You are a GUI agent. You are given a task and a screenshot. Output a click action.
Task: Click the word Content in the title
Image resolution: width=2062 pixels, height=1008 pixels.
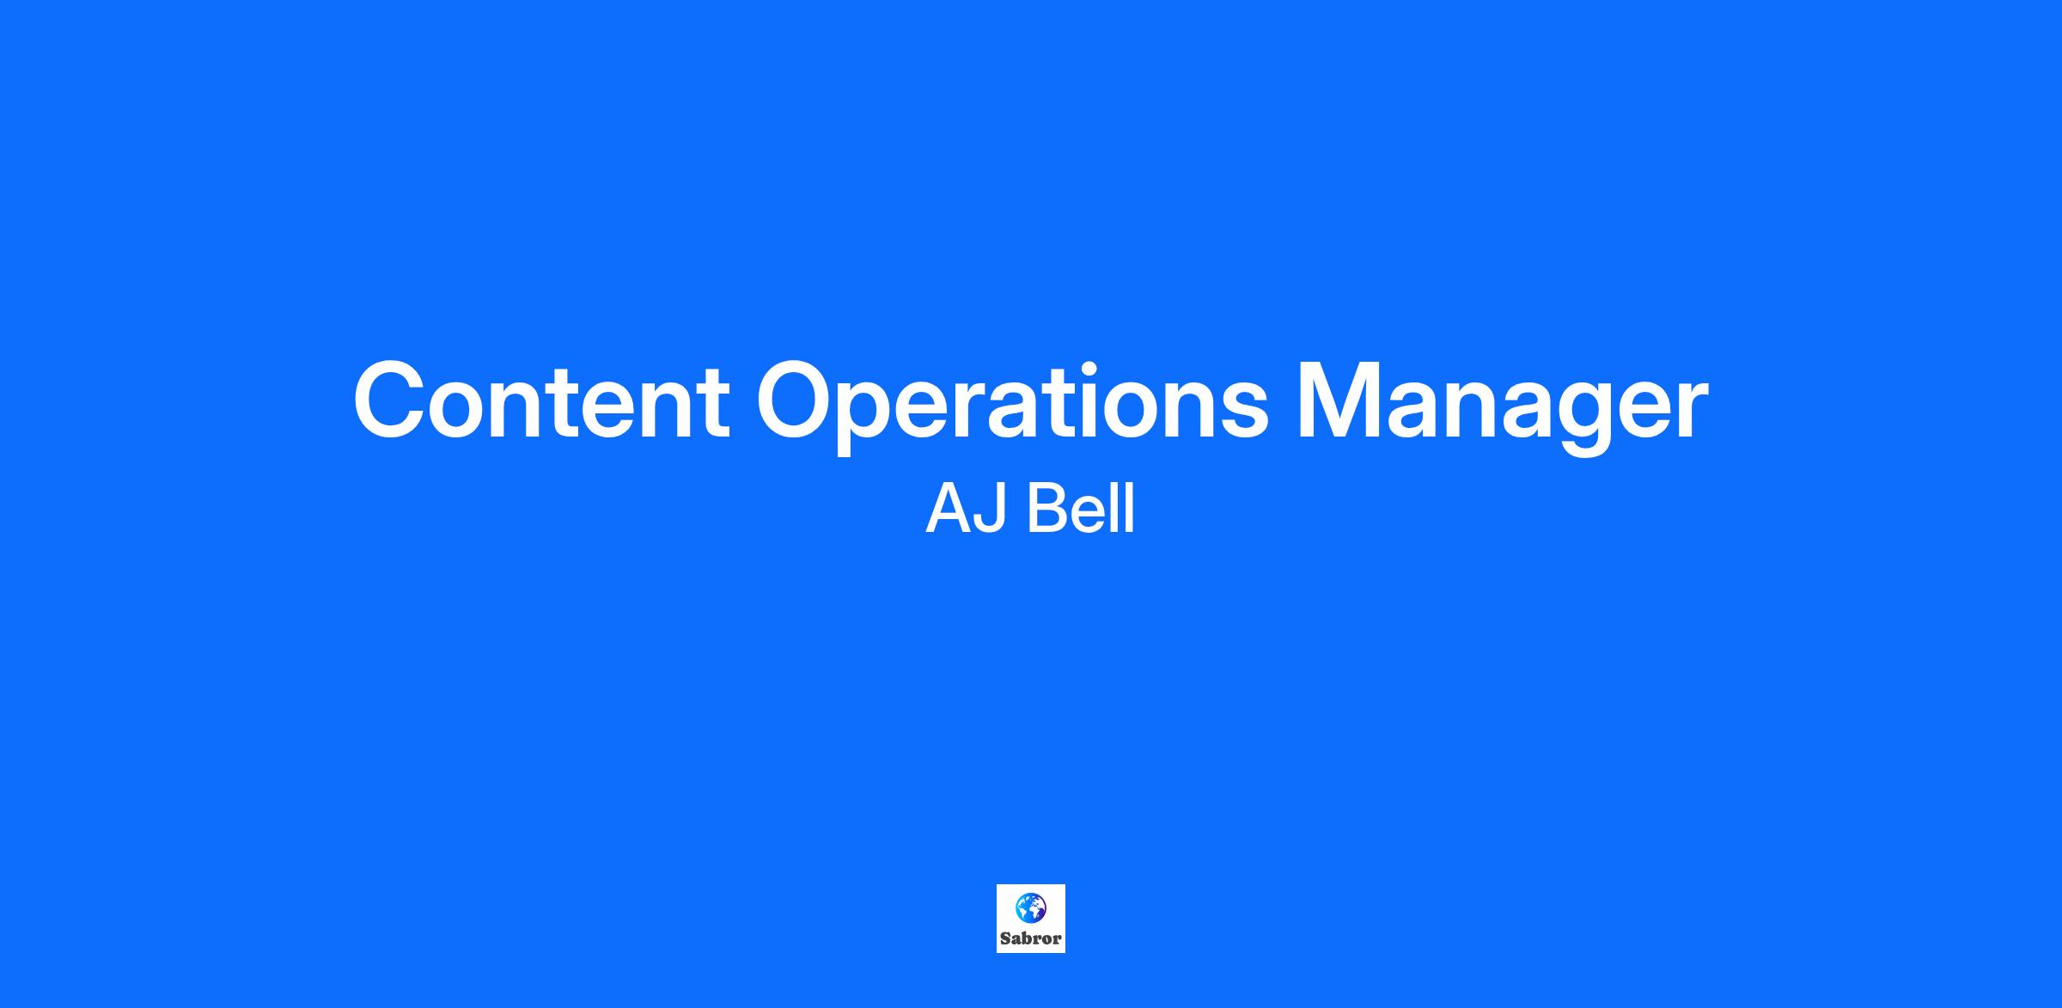point(542,401)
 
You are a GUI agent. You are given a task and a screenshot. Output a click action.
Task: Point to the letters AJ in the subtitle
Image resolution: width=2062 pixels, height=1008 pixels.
point(966,509)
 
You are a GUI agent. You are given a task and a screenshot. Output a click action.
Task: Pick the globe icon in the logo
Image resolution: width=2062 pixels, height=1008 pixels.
point(1030,908)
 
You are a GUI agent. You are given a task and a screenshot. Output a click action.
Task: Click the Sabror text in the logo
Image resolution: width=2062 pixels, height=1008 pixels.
point(1030,938)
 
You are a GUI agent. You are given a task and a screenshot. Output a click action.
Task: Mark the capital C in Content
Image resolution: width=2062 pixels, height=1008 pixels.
point(392,401)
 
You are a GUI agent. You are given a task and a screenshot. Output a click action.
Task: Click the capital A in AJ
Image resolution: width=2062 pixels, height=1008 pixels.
point(948,509)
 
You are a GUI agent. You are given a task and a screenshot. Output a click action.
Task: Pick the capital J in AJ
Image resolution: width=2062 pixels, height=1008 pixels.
point(991,509)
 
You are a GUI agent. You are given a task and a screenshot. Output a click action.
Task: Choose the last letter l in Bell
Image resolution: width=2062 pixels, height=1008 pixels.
point(1130,508)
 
